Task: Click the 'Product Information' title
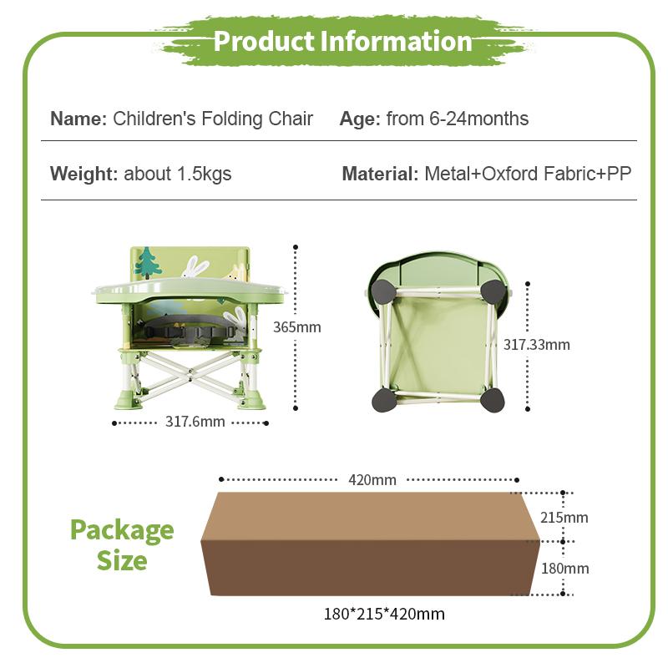pos(343,41)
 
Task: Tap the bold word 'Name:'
pos(78,119)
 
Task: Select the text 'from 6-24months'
pos(457,119)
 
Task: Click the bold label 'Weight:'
pos(84,174)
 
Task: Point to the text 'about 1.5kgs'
pos(178,174)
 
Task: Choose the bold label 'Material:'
pos(381,174)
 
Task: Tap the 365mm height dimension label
pos(297,327)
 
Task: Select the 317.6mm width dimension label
pos(195,422)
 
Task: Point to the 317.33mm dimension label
pos(537,345)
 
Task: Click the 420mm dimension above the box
pos(372,479)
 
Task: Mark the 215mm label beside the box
pos(564,518)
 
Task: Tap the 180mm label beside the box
pos(565,569)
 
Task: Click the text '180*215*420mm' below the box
pos(384,614)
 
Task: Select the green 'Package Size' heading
pos(122,545)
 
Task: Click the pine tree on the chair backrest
pos(148,262)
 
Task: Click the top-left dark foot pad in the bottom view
pos(382,291)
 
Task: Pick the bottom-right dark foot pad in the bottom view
pos(492,400)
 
